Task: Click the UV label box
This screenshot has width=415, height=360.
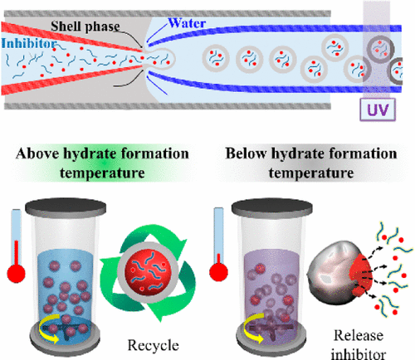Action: pos(369,107)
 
